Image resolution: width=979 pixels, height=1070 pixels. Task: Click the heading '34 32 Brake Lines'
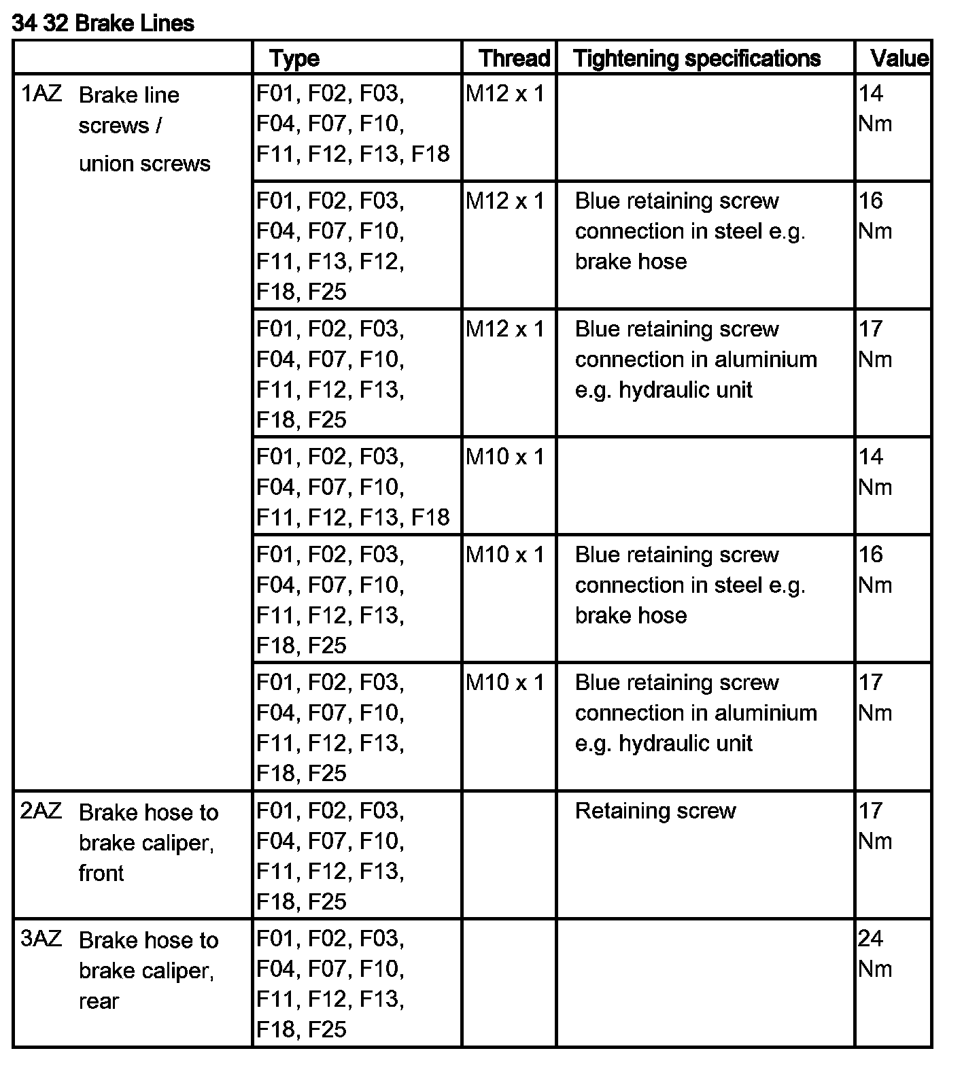(103, 23)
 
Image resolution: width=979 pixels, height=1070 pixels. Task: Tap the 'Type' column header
(294, 58)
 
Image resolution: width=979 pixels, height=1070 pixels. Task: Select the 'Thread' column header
(514, 58)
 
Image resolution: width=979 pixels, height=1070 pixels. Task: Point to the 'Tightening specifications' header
(697, 58)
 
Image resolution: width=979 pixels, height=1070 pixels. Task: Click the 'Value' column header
(899, 58)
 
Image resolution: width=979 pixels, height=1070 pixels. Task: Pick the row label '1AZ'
(41, 94)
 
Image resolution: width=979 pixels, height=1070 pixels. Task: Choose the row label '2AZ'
(41, 811)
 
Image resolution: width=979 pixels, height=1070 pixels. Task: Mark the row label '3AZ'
(41, 939)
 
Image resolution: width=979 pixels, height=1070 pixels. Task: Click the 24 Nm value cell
(874, 953)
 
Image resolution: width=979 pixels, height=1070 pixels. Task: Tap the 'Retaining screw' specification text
(655, 811)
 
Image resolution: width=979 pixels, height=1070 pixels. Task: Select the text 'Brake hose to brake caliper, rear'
(148, 970)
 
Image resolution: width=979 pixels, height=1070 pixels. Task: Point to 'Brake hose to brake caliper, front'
(148, 842)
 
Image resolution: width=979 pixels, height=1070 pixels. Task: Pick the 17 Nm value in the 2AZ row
(874, 825)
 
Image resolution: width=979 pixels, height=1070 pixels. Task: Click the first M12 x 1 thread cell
(505, 94)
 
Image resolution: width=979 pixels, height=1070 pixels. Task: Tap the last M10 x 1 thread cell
(505, 683)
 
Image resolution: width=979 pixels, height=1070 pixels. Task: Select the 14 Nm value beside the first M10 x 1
(874, 471)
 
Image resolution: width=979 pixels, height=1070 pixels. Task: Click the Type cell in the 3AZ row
(330, 983)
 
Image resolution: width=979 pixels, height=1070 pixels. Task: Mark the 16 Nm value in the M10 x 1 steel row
(874, 570)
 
